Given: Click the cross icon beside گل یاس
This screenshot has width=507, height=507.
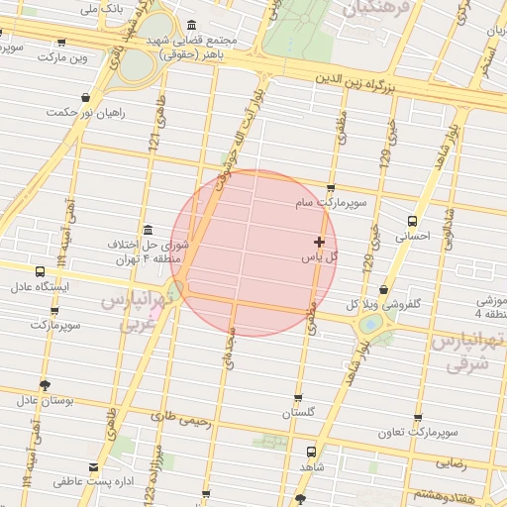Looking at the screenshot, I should tap(319, 242).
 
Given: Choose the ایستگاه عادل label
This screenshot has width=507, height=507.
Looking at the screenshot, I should tap(38, 288).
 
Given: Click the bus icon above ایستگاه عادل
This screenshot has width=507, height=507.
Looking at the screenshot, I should tap(40, 271).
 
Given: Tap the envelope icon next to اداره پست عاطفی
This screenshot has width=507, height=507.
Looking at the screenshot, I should tap(94, 466).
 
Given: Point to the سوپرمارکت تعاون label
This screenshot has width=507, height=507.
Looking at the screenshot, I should tap(417, 433).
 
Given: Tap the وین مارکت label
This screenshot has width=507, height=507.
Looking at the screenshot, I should tap(62, 57).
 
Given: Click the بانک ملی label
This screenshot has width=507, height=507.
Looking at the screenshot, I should tap(102, 8).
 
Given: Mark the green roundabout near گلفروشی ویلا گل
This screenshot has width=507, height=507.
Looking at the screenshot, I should tap(370, 323).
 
